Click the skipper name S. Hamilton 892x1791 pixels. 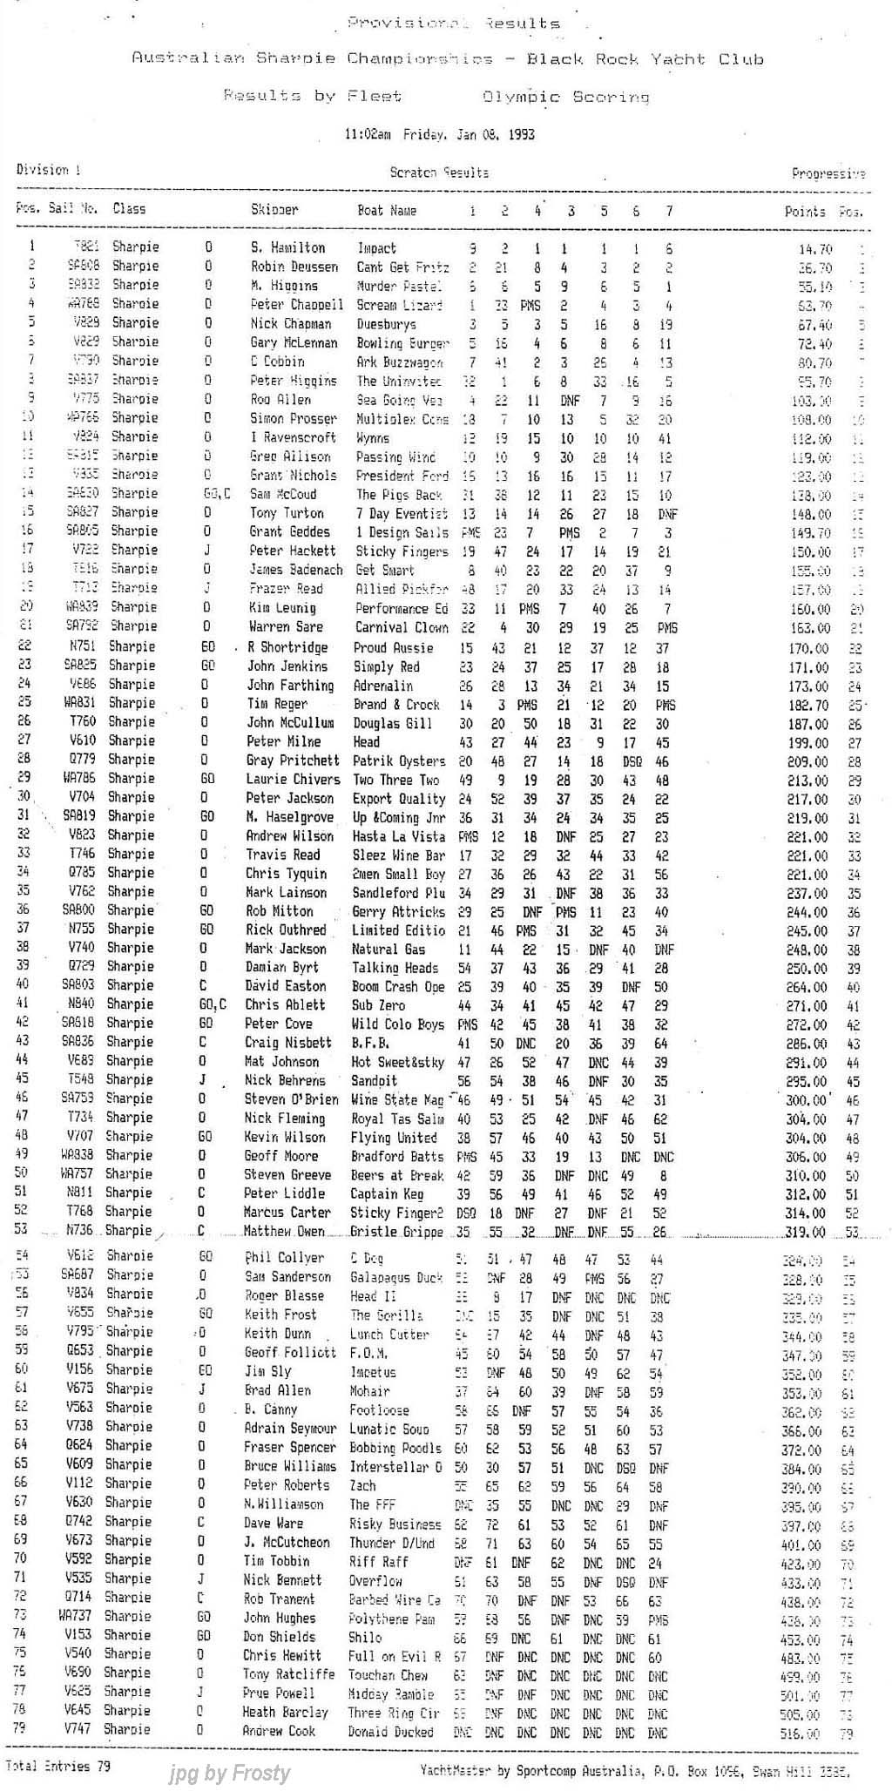(287, 248)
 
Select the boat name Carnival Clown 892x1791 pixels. (400, 627)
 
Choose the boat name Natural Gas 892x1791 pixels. (389, 949)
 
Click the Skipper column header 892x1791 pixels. (274, 210)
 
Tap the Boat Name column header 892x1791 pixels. (387, 210)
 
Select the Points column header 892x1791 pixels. (804, 211)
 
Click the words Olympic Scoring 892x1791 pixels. (566, 97)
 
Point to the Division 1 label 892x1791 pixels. (48, 170)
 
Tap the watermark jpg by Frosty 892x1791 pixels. (230, 1773)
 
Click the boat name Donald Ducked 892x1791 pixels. (391, 1731)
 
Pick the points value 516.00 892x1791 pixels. (801, 1734)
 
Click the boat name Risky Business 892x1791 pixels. (395, 1524)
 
